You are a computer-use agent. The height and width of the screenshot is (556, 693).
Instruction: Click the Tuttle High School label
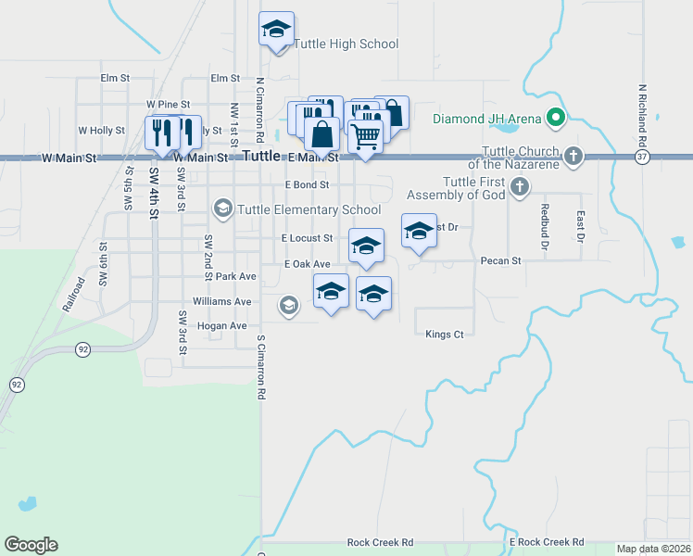346,44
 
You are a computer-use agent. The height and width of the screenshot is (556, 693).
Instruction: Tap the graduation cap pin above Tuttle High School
276,30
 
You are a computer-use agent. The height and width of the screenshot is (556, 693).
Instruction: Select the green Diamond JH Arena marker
555,118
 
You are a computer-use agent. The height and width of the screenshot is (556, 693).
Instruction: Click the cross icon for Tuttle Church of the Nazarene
573,156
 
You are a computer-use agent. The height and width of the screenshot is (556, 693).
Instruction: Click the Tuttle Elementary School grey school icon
222,208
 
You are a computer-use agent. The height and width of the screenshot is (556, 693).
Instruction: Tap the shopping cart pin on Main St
365,136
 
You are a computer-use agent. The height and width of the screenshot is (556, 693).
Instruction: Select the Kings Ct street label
444,334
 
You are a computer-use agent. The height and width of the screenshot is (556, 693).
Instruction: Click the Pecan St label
501,261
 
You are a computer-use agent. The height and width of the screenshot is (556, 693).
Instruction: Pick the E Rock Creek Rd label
547,541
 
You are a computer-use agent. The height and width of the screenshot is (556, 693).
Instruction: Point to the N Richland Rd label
641,116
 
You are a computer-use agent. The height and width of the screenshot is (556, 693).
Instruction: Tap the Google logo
31,545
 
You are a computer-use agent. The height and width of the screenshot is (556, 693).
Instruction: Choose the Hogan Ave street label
220,326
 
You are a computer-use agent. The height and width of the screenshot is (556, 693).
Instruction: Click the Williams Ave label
221,301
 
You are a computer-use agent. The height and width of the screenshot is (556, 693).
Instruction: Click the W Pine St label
168,105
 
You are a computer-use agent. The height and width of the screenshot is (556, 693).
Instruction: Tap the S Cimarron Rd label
261,367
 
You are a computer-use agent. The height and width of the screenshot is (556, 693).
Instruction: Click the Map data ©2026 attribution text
653,549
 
